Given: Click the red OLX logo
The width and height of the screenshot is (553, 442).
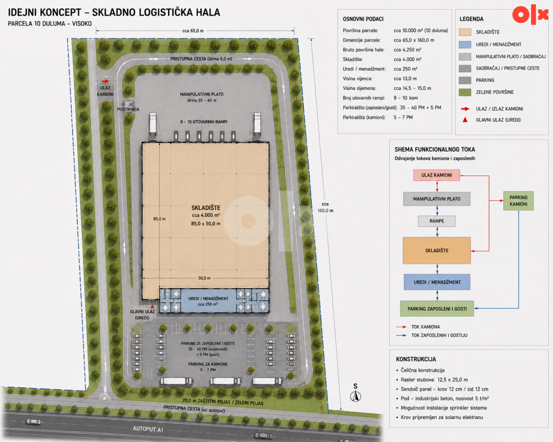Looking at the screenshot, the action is [530, 14].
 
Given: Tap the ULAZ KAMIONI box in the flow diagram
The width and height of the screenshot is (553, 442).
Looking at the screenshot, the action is [436, 175].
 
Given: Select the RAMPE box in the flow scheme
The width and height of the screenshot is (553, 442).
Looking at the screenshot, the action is [437, 221].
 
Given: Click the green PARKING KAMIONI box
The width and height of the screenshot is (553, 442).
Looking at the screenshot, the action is [518, 201].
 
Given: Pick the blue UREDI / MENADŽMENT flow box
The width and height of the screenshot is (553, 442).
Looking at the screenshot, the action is [437, 282].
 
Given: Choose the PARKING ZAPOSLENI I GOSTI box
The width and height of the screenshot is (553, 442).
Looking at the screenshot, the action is [437, 309].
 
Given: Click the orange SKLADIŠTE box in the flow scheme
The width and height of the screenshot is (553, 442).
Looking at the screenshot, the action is [437, 250].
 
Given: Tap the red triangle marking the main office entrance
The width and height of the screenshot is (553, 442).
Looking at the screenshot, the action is [153, 306].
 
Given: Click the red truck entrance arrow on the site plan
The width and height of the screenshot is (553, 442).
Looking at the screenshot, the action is [105, 81].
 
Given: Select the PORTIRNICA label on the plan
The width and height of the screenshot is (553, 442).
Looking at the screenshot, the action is [128, 109].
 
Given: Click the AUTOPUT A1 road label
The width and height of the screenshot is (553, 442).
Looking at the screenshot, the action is [148, 429].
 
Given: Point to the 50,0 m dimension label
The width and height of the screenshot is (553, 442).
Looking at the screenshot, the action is [204, 278].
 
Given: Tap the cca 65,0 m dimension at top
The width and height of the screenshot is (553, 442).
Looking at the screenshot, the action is [193, 31].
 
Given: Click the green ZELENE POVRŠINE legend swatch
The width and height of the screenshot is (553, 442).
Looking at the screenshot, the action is [465, 92].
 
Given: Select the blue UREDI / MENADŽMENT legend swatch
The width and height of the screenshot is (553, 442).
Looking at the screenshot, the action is [465, 44].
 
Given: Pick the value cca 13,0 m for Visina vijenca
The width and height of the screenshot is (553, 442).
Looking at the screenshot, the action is [405, 79].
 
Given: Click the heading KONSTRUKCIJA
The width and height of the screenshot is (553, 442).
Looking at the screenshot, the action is [416, 359].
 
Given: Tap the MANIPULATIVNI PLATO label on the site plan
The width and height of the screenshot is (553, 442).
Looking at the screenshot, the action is [202, 95].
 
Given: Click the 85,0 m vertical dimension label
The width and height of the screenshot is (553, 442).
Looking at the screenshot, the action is [159, 219].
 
